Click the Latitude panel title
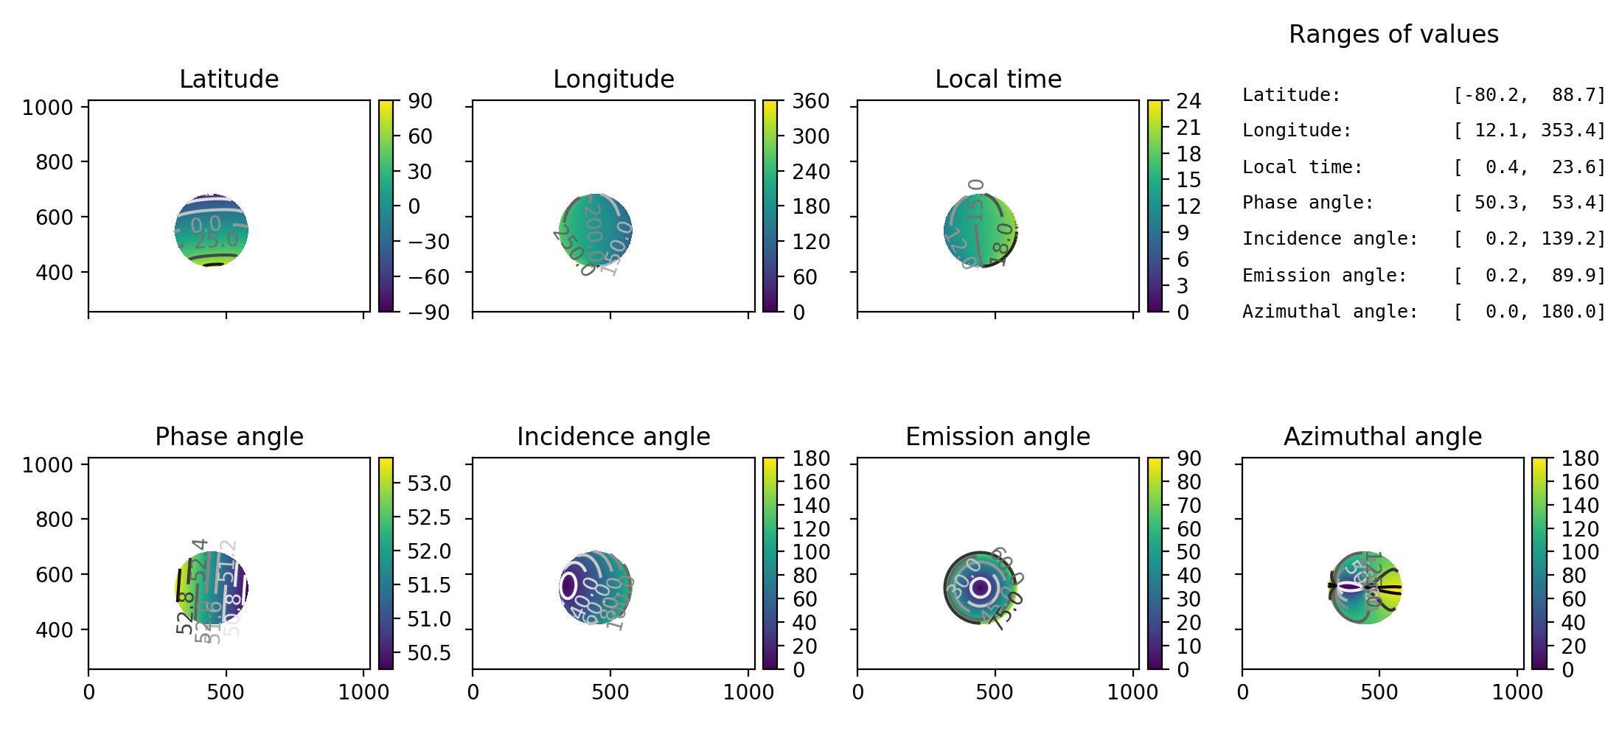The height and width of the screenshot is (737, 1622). click(x=229, y=79)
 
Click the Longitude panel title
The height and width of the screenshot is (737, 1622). click(x=613, y=79)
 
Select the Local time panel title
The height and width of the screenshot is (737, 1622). click(x=998, y=79)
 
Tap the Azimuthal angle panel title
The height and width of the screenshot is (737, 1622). click(x=1382, y=436)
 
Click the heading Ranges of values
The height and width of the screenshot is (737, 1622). click(x=1393, y=34)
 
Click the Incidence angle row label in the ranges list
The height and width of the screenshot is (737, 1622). click(x=1330, y=239)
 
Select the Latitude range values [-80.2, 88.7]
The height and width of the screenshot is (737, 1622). click(x=1529, y=95)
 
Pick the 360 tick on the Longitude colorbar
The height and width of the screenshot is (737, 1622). click(x=810, y=101)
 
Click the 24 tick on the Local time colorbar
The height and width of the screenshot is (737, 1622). click(x=1188, y=101)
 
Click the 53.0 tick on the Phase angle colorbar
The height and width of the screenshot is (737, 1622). click(x=429, y=483)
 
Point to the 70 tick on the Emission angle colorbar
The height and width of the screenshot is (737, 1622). click(x=1188, y=506)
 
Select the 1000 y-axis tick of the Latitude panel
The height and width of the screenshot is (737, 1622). click(x=48, y=108)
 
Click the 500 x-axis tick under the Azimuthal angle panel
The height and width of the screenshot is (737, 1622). click(x=1379, y=692)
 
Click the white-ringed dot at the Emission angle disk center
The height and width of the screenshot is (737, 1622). click(x=980, y=587)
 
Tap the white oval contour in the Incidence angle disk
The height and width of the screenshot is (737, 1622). click(x=568, y=586)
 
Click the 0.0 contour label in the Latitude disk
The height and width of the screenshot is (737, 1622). click(x=206, y=224)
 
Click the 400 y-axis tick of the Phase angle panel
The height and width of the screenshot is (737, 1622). click(x=55, y=629)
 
